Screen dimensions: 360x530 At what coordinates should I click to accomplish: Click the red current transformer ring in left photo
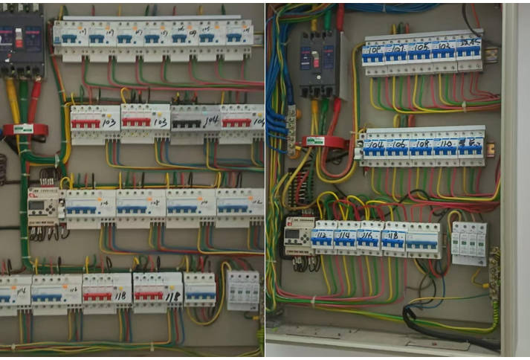coord(25,129)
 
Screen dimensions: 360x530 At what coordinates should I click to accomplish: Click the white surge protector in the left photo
coord(243,290)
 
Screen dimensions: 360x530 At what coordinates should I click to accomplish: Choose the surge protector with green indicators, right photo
coord(469,242)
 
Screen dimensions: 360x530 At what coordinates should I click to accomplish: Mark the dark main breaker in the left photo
coord(21,40)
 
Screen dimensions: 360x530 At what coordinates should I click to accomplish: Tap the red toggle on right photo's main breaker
coord(314,59)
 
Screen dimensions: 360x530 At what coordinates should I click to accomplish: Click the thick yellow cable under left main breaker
coord(13,100)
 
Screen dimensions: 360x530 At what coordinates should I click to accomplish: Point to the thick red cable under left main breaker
coord(34,100)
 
